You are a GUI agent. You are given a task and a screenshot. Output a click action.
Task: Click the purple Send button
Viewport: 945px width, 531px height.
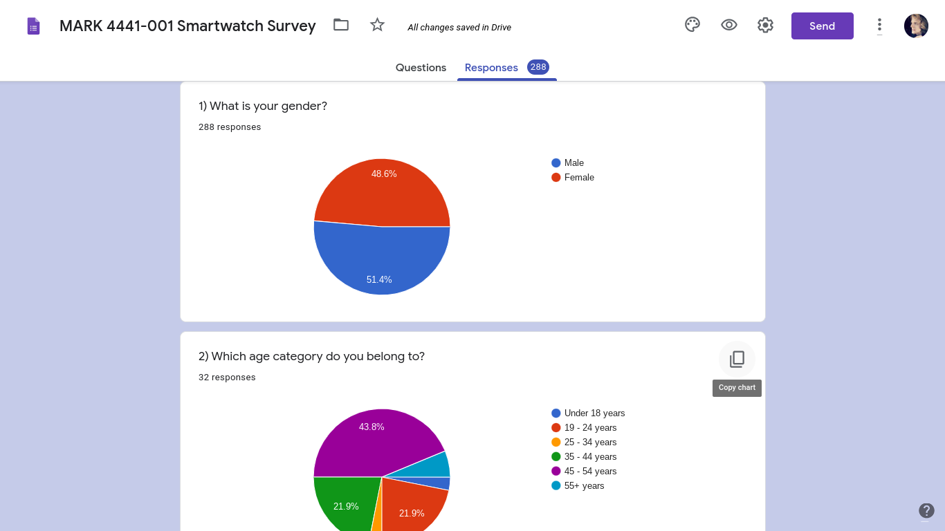tap(822, 26)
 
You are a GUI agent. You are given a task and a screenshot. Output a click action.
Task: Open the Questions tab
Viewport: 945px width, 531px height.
tap(421, 68)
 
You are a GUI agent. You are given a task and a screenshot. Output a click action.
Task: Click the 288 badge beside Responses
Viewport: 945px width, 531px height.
tap(538, 67)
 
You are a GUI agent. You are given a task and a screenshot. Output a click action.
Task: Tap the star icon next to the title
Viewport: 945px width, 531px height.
tap(377, 25)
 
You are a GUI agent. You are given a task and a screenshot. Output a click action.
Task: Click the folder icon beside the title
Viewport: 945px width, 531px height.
tap(341, 25)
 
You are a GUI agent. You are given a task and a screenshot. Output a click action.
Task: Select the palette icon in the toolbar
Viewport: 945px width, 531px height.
tap(692, 25)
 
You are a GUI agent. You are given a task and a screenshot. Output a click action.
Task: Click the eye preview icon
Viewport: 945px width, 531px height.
tap(728, 25)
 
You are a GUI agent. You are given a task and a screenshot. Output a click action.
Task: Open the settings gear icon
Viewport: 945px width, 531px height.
tap(765, 25)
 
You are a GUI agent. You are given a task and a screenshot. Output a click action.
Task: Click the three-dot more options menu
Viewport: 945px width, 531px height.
tap(879, 26)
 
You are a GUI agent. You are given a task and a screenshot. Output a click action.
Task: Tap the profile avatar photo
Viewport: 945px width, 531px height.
tap(916, 26)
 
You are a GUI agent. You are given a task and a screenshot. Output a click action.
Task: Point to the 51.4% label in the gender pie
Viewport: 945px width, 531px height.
tap(379, 279)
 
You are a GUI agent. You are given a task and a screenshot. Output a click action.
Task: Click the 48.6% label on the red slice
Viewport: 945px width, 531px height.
tap(384, 174)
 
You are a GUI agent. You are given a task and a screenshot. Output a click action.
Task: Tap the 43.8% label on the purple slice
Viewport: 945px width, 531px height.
tap(371, 427)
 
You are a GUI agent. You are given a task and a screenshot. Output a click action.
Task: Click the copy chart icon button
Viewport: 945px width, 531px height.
tap(737, 360)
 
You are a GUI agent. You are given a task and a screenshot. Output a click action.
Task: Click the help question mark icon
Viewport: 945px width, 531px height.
tap(926, 510)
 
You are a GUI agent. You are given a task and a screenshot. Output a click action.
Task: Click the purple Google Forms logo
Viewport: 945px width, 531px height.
tap(33, 26)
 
